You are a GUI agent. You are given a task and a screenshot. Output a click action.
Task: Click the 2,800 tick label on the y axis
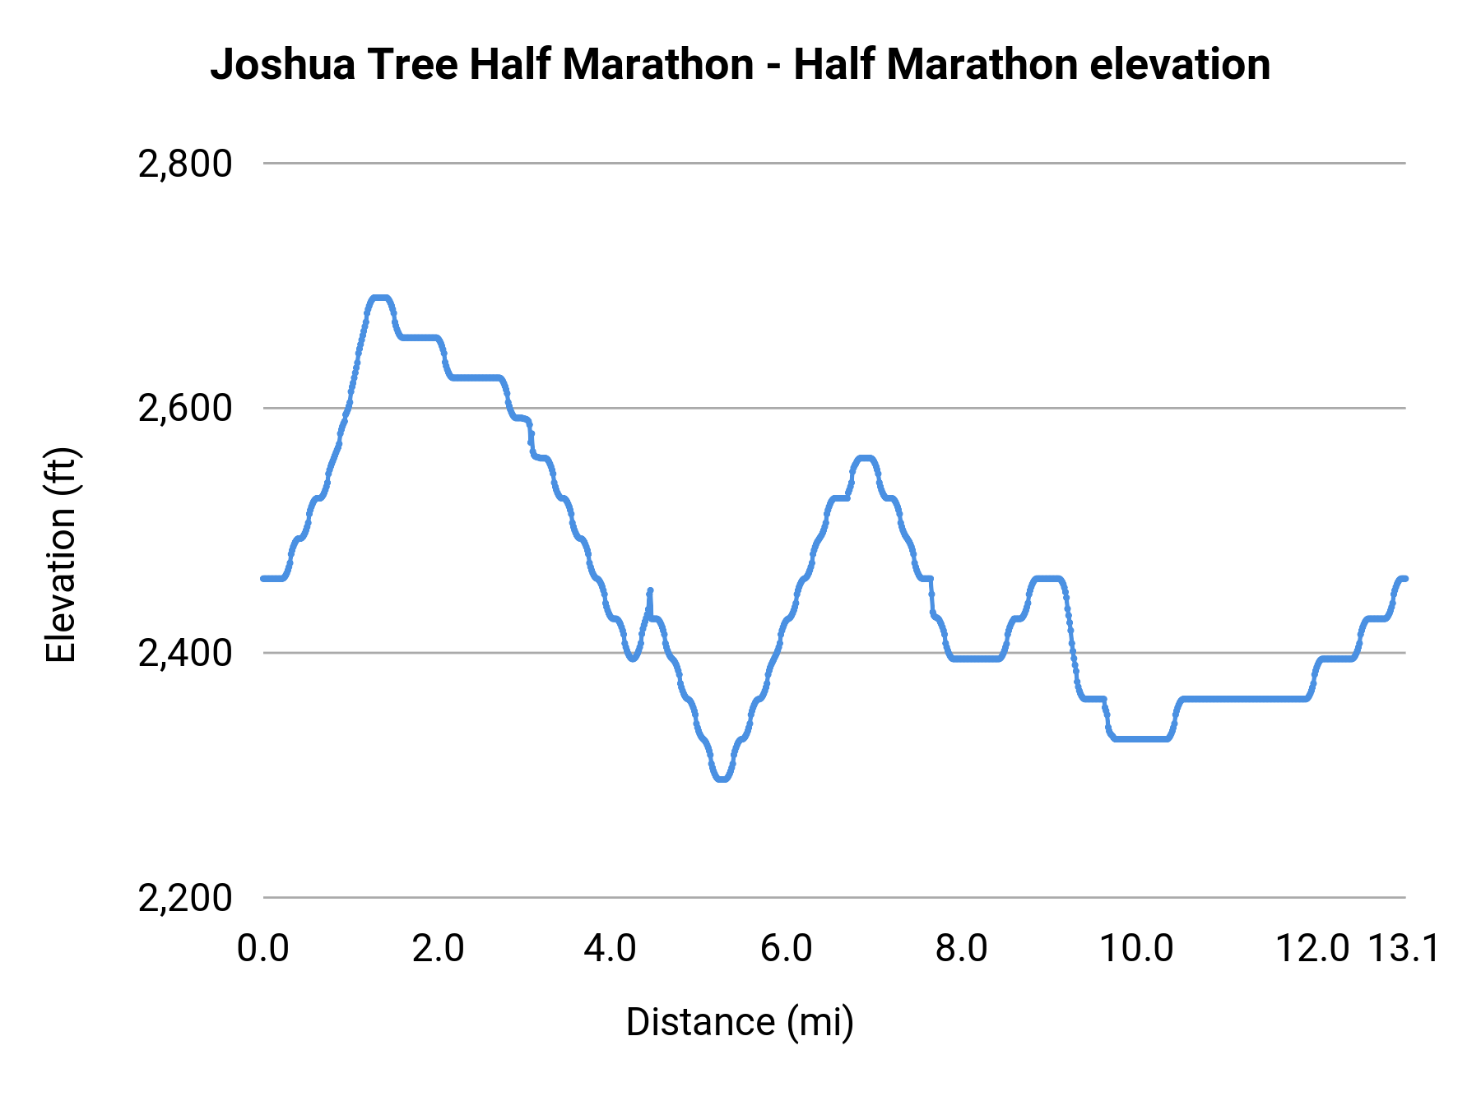point(185,164)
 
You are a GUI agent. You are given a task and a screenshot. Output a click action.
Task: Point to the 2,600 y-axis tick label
point(185,409)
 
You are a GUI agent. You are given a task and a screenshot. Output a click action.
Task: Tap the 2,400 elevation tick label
point(185,654)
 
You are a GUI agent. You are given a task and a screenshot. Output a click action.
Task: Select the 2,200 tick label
point(185,898)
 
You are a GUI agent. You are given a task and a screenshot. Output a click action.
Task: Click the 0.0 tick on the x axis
point(263,949)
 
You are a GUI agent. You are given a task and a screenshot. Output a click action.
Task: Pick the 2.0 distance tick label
point(438,949)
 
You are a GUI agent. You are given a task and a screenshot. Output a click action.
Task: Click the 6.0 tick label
point(786,949)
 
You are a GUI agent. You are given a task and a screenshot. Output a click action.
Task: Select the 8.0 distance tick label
point(961,949)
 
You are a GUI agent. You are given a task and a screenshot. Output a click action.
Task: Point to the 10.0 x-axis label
point(1136,949)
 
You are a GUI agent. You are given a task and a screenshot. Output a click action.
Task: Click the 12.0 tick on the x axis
point(1312,949)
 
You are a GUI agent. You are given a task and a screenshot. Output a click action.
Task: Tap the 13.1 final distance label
point(1404,949)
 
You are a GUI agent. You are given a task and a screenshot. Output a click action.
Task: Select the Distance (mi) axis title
point(740,1022)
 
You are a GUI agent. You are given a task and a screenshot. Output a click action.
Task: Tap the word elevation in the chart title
point(1180,65)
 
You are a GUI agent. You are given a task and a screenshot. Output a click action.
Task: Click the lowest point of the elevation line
point(722,778)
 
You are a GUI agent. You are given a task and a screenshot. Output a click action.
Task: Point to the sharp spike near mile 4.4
point(650,590)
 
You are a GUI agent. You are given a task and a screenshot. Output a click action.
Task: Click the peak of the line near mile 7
point(865,458)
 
